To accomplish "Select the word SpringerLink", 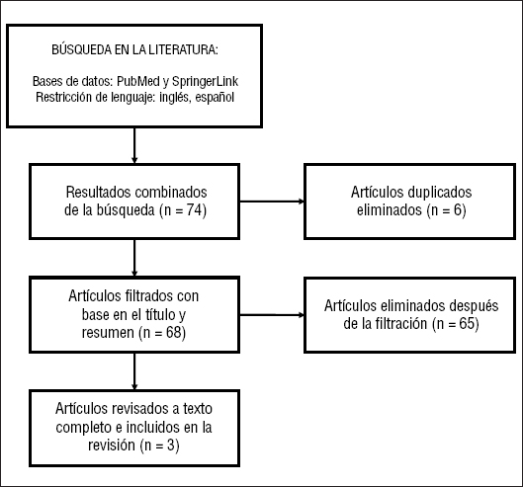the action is tap(205, 81).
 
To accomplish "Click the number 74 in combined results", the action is tap(195, 210).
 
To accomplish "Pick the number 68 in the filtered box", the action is tap(173, 332).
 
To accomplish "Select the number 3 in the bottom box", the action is tap(171, 445).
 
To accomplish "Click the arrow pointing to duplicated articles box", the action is tap(272, 202).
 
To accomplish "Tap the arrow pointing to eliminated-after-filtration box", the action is tap(272, 315).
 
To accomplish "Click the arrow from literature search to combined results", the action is tap(134, 145).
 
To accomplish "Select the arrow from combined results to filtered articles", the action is tap(134, 258).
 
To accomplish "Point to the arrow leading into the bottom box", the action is tap(134, 371).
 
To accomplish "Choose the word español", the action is tap(215, 98).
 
